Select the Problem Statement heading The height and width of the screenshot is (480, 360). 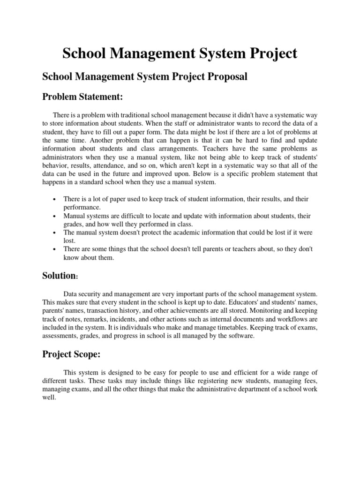(x=82, y=97)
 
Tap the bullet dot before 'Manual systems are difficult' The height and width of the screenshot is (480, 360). (x=54, y=216)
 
